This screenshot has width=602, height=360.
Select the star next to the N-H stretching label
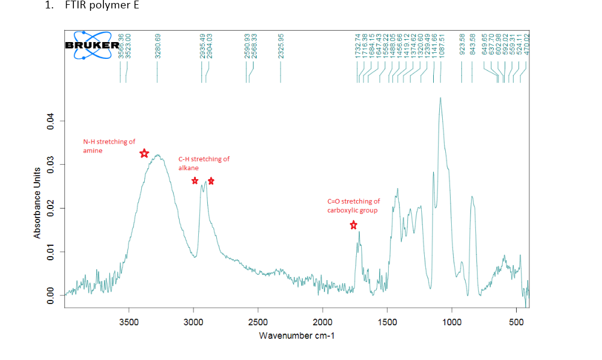pos(144,154)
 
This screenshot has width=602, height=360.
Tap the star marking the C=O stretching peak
pos(353,225)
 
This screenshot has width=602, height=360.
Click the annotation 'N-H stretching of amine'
pos(109,146)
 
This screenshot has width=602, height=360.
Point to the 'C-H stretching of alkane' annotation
pos(204,163)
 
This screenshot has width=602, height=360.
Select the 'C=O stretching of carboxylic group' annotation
pos(353,206)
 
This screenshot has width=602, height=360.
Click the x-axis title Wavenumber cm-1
pos(297,335)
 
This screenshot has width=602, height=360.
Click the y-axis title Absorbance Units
pos(37,203)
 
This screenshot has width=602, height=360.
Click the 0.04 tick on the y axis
pos(51,121)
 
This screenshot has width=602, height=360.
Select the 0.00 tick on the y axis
pos(51,295)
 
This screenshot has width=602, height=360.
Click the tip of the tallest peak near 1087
pos(440,98)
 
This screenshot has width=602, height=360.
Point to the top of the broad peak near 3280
pos(158,155)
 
